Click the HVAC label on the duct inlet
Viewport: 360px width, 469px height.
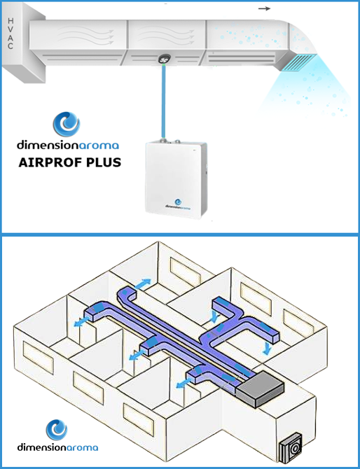coord(11,33)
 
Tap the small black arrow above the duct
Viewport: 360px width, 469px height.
coord(264,8)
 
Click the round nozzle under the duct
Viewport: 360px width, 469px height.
coord(164,59)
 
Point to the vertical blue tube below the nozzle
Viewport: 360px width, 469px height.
coord(163,101)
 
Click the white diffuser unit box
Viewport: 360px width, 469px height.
coord(176,179)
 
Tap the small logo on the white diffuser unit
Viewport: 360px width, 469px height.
coord(178,204)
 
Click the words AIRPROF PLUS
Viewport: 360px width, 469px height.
coord(70,162)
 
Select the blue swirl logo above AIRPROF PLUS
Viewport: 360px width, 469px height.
coord(67,124)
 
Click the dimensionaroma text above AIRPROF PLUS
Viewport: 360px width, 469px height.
coord(68,146)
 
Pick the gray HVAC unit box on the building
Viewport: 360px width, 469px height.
coord(261,388)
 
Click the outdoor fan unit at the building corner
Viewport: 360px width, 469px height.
coord(290,447)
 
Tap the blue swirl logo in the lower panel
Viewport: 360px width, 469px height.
coord(57,430)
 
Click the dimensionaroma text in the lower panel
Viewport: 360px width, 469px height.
coord(57,447)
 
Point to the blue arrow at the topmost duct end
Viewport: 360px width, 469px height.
coord(143,283)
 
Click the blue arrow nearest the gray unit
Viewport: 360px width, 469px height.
coord(184,383)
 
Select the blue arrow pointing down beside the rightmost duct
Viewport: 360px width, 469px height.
coord(267,349)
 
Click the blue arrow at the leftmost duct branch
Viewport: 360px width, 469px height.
coord(81,322)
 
